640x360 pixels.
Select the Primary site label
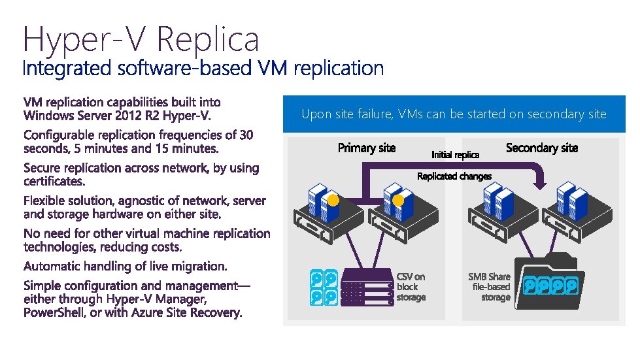point(366,148)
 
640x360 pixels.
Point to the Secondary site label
point(542,148)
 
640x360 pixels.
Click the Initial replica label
point(455,155)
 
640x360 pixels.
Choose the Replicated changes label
point(454,176)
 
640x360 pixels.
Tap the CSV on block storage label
point(411,287)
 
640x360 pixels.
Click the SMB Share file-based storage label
point(489,287)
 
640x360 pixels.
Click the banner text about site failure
point(454,114)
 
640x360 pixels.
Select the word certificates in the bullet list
point(54,181)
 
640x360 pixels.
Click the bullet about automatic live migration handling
point(126,267)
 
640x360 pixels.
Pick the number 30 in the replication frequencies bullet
point(246,135)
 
